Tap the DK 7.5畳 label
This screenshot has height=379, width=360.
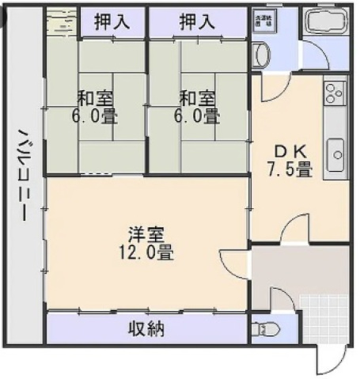(x=292, y=160)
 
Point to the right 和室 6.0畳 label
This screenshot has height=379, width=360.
(x=197, y=108)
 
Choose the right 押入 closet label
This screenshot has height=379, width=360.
(x=197, y=22)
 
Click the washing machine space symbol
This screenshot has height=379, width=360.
(x=261, y=21)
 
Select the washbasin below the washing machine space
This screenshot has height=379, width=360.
(x=262, y=55)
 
